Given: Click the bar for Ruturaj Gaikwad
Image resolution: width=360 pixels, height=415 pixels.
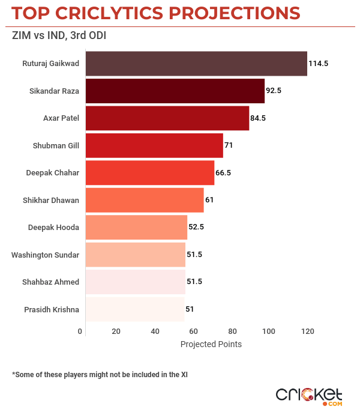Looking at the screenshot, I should pyautogui.click(x=196, y=64).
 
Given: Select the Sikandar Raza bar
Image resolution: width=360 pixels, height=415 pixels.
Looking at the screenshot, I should pyautogui.click(x=175, y=91).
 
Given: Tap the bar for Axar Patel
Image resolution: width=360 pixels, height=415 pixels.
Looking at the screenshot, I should pyautogui.click(x=167, y=118).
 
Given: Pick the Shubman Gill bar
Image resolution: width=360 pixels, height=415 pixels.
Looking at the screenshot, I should pyautogui.click(x=154, y=145).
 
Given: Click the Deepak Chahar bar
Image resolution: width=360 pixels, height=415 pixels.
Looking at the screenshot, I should pyautogui.click(x=150, y=172).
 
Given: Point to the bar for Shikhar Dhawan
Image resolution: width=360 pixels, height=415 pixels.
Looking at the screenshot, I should pyautogui.click(x=145, y=200).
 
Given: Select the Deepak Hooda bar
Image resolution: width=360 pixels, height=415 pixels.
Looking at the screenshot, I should pyautogui.click(x=137, y=227).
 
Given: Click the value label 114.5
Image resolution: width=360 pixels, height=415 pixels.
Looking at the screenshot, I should pyautogui.click(x=318, y=64).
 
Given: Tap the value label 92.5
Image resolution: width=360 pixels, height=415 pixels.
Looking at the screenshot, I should pyautogui.click(x=274, y=91).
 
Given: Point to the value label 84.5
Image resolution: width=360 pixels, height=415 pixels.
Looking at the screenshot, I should pyautogui.click(x=258, y=118).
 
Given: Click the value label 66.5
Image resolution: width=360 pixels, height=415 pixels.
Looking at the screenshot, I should pyautogui.click(x=223, y=172).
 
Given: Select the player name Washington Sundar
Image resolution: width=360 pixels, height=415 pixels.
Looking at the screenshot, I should pyautogui.click(x=45, y=255).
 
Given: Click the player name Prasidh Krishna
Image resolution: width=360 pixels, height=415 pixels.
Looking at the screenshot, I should pyautogui.click(x=51, y=309).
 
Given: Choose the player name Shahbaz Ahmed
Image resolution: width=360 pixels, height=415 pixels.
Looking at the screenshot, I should pyautogui.click(x=50, y=282).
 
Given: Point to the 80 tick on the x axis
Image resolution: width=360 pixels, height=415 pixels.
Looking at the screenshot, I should pyautogui.click(x=231, y=332).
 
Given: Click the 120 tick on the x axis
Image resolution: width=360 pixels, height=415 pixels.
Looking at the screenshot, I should pyautogui.click(x=307, y=332).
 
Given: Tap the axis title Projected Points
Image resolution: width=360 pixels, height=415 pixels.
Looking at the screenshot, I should pyautogui.click(x=211, y=345).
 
